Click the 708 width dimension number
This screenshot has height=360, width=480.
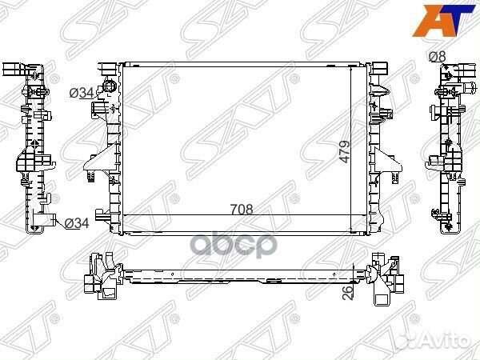click(x=242, y=210)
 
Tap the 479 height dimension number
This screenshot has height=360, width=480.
click(x=344, y=151)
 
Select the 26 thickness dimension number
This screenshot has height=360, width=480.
click(x=348, y=292)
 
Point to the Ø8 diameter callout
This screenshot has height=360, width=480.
click(x=437, y=57)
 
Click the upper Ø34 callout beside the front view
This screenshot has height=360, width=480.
click(x=82, y=93)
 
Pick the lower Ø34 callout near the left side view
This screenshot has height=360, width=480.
click(x=77, y=223)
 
